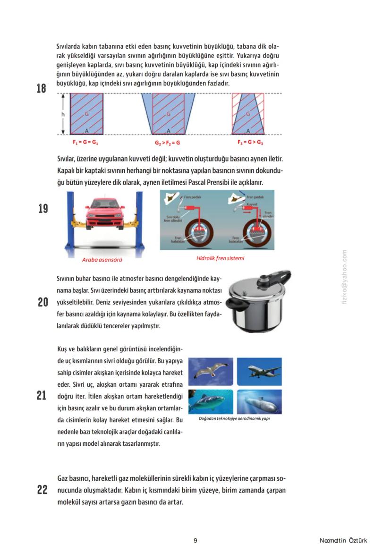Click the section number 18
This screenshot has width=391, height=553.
[x=42, y=88]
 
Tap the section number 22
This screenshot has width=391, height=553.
[x=42, y=490]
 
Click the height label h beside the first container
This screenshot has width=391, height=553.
[x=62, y=114]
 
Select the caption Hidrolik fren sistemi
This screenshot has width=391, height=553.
[x=220, y=258]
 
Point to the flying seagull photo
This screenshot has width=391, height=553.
[x=210, y=371]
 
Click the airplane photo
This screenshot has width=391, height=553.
[x=259, y=371]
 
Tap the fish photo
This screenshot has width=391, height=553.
[x=210, y=401]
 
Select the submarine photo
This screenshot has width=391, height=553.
[x=259, y=401]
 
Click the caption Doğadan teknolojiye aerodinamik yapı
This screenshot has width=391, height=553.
[x=234, y=418]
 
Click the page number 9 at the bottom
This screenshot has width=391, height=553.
[x=195, y=541]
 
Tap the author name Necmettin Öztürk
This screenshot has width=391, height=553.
[x=343, y=541]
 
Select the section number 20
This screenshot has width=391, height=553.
[x=42, y=302]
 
